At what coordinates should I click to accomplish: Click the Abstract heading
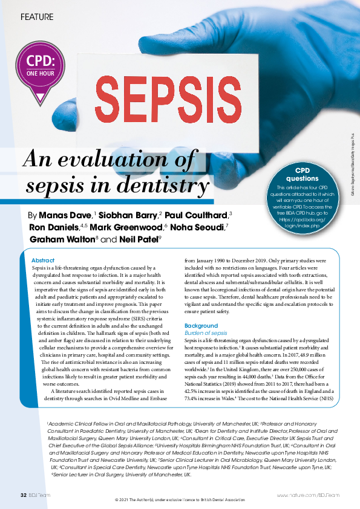point(42,259)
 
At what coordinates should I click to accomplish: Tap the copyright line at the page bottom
point(180,501)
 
